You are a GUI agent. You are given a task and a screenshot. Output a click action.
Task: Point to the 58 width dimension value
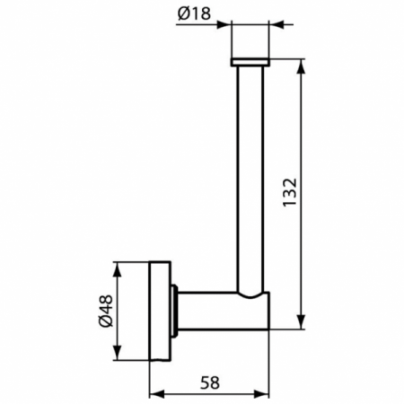pos(209,382)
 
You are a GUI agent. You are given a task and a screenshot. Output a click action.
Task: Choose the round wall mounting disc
pos(161,311)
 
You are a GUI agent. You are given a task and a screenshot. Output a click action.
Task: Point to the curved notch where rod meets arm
pos(250,295)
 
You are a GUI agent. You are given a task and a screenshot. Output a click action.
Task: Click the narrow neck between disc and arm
pos(179,311)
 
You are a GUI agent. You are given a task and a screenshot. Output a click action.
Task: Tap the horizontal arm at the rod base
pos(224,311)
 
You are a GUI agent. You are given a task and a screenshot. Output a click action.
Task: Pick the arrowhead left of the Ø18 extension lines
pos(226,24)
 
